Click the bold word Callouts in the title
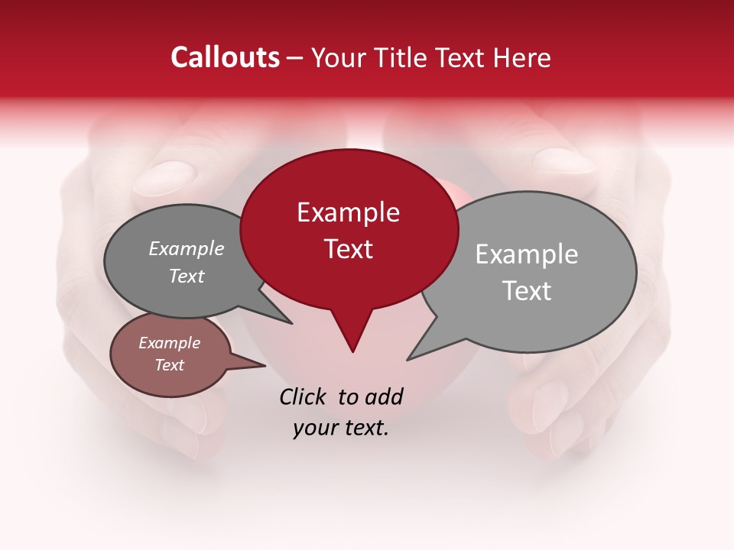point(226,57)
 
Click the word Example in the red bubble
point(348,212)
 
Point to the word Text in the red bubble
point(348,249)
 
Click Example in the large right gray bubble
point(527,254)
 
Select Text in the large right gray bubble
point(527,291)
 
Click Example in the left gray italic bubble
point(186,248)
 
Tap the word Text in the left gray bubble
point(186,276)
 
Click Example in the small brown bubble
point(169,343)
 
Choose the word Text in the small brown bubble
point(169,365)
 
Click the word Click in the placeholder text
point(303,396)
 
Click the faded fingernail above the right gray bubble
point(563,160)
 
